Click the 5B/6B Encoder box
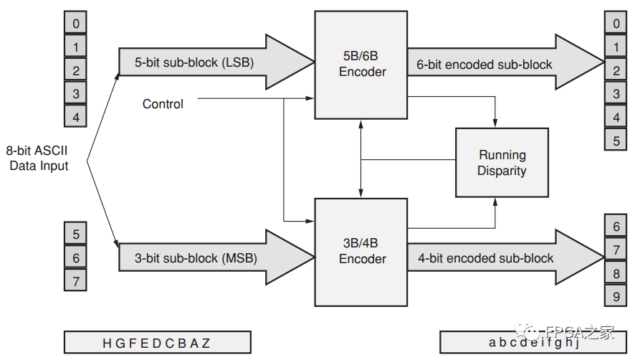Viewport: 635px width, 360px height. click(361, 65)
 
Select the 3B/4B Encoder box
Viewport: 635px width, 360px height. click(361, 252)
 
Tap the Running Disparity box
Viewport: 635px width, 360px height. click(502, 163)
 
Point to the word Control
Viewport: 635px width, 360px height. click(163, 104)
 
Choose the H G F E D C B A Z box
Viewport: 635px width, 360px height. click(157, 342)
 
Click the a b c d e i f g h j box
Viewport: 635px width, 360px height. click(533, 342)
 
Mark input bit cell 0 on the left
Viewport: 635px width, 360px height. click(76, 24)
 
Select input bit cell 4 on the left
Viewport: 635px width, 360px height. click(76, 116)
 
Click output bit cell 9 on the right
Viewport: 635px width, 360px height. click(616, 296)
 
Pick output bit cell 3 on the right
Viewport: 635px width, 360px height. click(616, 93)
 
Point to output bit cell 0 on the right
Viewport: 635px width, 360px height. click(616, 24)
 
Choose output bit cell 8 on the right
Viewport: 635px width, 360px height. click(616, 273)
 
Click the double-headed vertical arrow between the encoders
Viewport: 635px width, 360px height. click(361, 158)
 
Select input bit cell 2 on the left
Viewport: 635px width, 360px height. click(76, 70)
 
